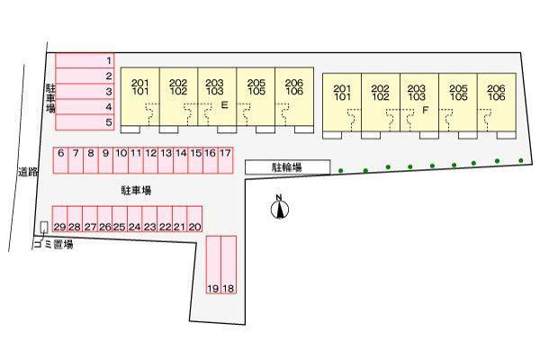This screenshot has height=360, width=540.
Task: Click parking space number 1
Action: [85, 60]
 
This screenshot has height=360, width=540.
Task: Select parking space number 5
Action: [85, 122]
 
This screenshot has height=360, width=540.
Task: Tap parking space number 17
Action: [226, 160]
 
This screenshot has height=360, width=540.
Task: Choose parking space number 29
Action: [59, 219]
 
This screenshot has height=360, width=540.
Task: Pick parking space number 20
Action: [194, 219]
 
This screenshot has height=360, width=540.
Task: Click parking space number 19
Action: [213, 265]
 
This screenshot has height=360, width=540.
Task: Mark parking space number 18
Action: [229, 265]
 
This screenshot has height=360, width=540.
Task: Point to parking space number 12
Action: [150, 160]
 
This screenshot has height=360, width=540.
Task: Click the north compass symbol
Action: [279, 208]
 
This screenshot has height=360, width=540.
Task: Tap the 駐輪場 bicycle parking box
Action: [288, 167]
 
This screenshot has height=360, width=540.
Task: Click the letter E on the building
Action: [224, 104]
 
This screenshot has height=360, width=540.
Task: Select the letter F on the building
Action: [426, 110]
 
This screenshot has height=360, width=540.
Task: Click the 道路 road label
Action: [28, 171]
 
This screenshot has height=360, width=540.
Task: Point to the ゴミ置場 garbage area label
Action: [54, 245]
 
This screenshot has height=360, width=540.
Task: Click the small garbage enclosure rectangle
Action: [44, 228]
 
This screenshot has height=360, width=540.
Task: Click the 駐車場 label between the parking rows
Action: [136, 190]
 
